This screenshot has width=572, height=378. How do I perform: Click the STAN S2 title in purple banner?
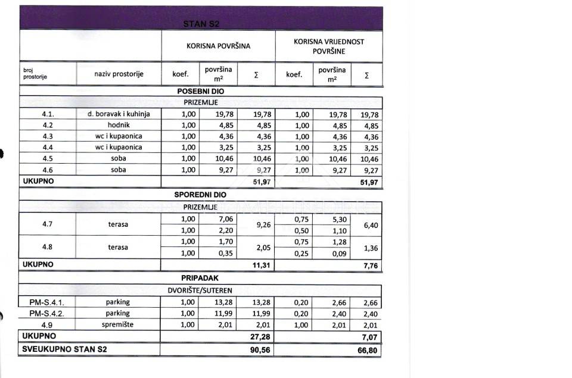[x=201, y=24]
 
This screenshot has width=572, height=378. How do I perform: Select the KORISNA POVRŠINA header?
[x=218, y=46]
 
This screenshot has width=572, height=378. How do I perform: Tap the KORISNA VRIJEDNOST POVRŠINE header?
[x=329, y=46]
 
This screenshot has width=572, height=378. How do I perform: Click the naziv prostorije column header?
[x=119, y=74]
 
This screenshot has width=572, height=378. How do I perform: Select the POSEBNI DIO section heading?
[x=201, y=92]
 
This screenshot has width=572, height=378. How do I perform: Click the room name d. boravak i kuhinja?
[x=119, y=114]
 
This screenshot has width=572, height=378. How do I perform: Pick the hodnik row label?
[x=119, y=125]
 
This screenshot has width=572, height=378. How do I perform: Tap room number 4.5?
[x=48, y=158]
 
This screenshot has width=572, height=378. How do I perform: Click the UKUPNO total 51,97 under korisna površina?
[x=262, y=182]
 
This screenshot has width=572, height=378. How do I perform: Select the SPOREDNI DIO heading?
[x=201, y=194]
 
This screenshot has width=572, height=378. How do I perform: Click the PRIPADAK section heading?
[x=201, y=277]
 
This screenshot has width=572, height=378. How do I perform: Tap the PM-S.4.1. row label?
[x=48, y=302]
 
